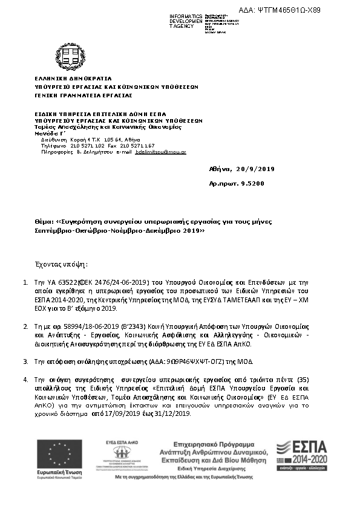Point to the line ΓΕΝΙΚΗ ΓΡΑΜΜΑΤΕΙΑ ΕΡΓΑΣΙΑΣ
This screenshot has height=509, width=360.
(x=83, y=95)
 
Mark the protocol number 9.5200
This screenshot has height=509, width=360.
(x=253, y=183)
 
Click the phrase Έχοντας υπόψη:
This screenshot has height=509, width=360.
(x=61, y=264)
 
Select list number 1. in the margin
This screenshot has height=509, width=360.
(x=25, y=282)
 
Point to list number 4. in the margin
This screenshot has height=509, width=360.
(x=25, y=379)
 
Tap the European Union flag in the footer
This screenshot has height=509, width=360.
(x=59, y=454)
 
